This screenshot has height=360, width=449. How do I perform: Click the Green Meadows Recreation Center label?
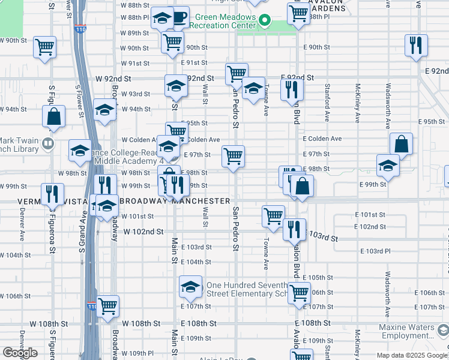tap(225, 22)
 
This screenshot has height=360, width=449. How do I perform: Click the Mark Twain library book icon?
tap(48, 143)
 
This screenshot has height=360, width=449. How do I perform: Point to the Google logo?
tap(20, 353)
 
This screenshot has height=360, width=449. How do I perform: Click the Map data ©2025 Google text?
tap(412, 355)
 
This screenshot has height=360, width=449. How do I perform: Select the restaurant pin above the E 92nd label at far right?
tap(415, 45)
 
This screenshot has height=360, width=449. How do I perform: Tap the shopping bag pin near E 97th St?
tap(401, 144)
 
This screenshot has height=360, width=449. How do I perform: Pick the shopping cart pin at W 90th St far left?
tap(44, 47)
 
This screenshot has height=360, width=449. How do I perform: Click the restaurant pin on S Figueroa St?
tap(52, 193)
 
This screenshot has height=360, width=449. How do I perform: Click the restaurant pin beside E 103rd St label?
tap(294, 229)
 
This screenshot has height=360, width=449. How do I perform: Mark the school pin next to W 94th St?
tap(104, 110)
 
